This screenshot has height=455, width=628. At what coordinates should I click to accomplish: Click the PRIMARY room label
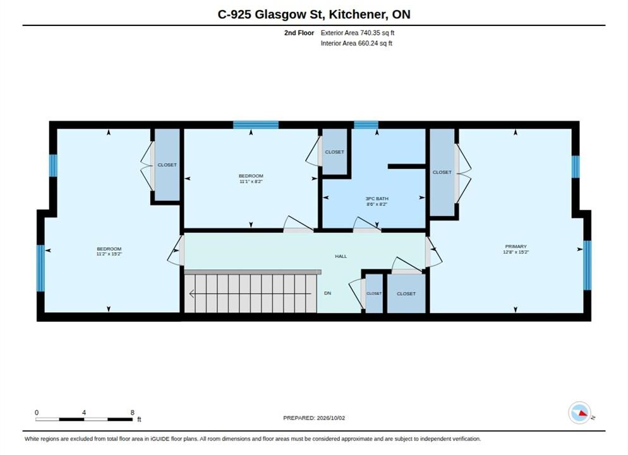click(516, 246)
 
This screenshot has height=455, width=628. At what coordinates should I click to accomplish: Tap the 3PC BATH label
click(377, 198)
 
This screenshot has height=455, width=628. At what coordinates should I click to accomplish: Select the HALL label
click(341, 257)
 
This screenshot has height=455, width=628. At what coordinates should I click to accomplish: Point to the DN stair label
click(328, 293)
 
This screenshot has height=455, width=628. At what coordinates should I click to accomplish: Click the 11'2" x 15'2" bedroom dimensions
click(109, 254)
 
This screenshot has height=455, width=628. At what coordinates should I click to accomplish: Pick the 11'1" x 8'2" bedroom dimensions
click(251, 181)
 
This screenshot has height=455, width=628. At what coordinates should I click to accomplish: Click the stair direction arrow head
click(192, 294)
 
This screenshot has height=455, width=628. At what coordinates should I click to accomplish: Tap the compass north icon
click(579, 413)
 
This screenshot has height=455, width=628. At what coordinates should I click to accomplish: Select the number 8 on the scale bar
click(132, 413)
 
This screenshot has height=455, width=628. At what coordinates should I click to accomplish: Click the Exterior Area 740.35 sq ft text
click(357, 33)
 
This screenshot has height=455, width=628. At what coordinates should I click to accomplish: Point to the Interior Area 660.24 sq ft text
click(356, 43)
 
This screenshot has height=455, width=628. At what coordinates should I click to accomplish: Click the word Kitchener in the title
click(358, 15)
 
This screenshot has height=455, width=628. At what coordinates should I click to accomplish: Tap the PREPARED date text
click(314, 418)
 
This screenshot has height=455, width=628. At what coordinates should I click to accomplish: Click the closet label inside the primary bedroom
click(442, 173)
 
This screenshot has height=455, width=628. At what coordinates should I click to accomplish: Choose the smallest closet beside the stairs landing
click(374, 294)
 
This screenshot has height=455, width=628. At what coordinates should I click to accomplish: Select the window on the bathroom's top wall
click(366, 125)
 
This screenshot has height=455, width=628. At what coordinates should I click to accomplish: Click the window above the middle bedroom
click(256, 125)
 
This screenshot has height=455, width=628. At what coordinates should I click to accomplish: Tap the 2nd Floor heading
click(299, 33)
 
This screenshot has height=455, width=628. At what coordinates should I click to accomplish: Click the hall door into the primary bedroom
click(433, 252)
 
